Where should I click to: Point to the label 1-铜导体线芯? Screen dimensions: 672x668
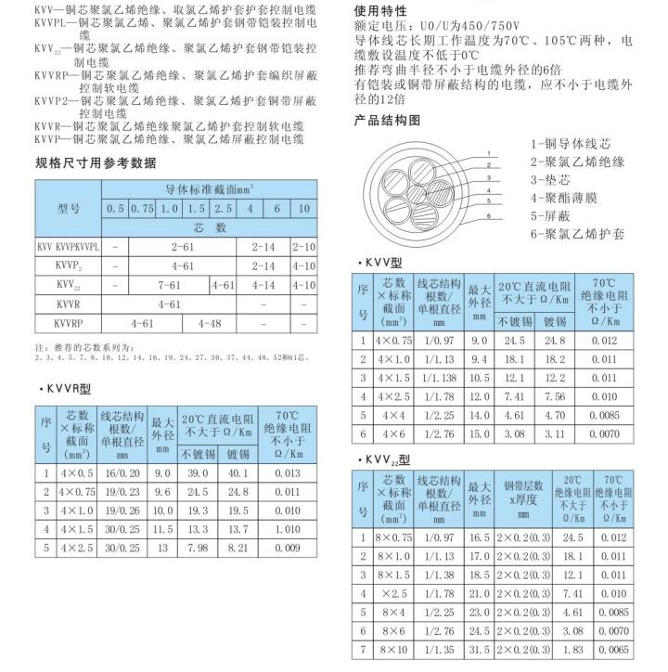pyautogui.click(x=571, y=145)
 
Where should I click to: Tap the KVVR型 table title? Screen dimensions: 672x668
pyautogui.click(x=70, y=388)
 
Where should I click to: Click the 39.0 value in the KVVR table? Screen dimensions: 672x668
pyautogui.click(x=197, y=473)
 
